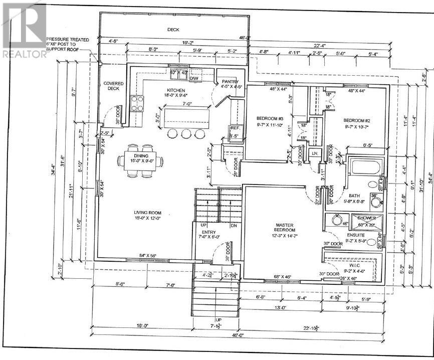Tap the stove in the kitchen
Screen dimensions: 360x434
click(137, 103)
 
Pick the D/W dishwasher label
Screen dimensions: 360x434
click(194, 79)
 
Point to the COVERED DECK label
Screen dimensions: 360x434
click(113, 86)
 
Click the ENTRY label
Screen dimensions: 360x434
click(208, 233)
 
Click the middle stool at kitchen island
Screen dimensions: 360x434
click(186, 134)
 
